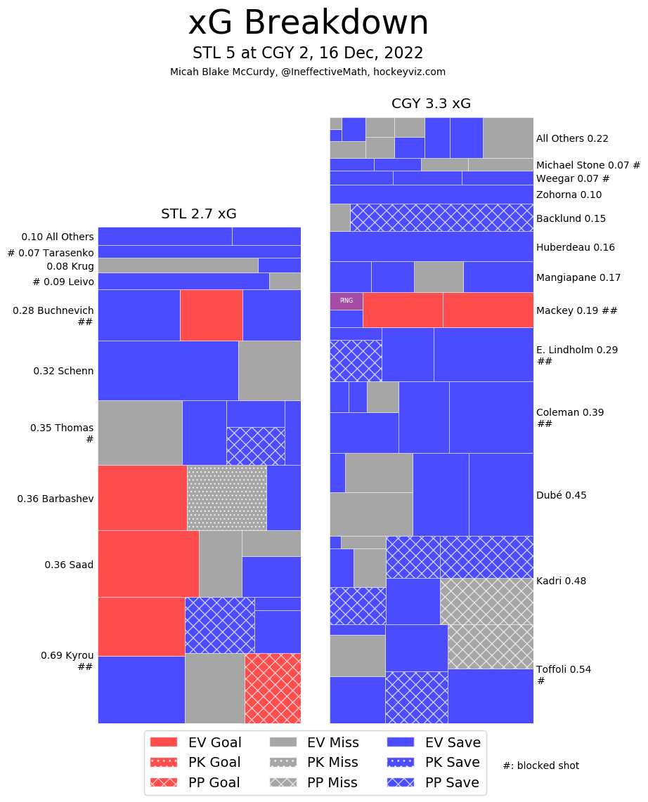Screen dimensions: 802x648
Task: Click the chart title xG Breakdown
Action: tap(308, 24)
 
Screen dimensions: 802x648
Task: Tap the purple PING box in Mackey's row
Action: tap(346, 301)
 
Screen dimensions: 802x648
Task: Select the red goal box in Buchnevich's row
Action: tap(211, 315)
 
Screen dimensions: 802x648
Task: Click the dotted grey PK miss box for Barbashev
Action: tap(226, 497)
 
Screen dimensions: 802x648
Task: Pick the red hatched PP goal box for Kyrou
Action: tap(273, 688)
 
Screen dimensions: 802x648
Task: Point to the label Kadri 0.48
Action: tap(561, 581)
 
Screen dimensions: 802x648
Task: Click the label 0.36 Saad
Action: tap(69, 565)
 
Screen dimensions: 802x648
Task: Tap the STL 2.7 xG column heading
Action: tap(199, 213)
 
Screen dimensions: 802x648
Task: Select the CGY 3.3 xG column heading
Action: tap(431, 104)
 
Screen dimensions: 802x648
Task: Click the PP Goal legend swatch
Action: tap(164, 782)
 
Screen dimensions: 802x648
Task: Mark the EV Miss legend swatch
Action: tap(283, 742)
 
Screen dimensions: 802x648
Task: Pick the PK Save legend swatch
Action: tap(401, 763)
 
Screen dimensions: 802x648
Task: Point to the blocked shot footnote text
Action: tap(541, 765)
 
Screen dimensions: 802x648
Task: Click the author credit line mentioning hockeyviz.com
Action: tap(308, 72)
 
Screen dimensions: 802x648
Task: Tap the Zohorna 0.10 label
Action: tap(569, 195)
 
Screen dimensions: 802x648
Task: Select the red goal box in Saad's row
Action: tap(148, 563)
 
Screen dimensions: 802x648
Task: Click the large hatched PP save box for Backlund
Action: tap(441, 218)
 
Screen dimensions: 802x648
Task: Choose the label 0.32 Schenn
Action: tap(63, 371)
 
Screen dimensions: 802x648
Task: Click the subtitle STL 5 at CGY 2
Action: tap(308, 53)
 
